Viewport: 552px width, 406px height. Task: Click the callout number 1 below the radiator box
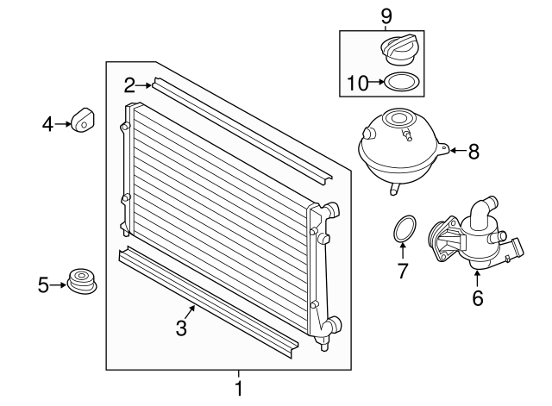[239, 389]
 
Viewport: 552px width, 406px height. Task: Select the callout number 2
[129, 85]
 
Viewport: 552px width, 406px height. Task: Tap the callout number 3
[181, 328]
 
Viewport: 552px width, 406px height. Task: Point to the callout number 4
[47, 124]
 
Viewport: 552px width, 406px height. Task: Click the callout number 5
[43, 285]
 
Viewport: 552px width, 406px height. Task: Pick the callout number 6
[478, 298]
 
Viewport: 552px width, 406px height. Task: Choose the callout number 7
[403, 271]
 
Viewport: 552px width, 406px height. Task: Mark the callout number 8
[474, 152]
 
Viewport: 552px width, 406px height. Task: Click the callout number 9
[386, 16]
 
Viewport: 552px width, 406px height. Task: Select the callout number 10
[357, 84]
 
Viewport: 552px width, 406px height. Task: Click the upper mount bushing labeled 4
[83, 120]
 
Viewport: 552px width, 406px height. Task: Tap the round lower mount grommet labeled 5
[82, 282]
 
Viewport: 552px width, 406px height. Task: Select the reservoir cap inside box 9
[400, 49]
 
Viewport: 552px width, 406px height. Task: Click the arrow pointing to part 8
[458, 151]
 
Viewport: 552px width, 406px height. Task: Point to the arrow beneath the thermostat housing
[477, 279]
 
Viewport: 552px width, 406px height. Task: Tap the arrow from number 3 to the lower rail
[190, 312]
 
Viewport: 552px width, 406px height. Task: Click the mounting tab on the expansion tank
[443, 149]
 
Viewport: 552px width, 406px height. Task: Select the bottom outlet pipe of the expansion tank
[394, 189]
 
